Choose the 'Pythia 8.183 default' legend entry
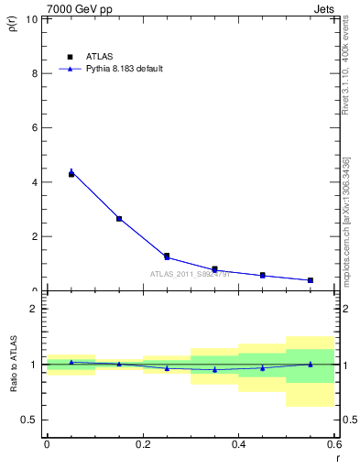point(119,69)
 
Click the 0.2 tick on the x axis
point(143,444)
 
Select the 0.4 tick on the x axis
point(238,444)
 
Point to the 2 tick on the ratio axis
point(34,309)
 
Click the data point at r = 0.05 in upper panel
point(71,173)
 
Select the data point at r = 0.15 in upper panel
point(119,219)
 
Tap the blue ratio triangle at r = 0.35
point(214,369)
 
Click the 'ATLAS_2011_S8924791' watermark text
point(191,274)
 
